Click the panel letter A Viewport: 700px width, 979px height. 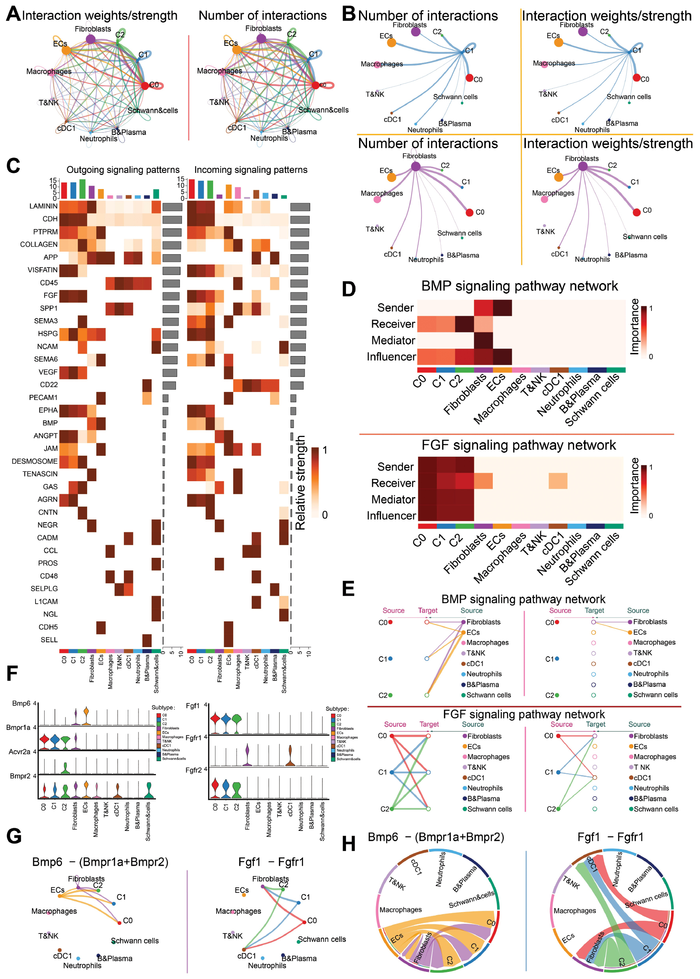click(13, 14)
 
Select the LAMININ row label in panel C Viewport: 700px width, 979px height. click(43, 206)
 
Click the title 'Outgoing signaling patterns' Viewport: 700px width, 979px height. click(123, 170)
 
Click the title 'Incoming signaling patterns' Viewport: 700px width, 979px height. click(251, 170)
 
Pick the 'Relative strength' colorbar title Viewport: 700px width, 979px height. click(300, 483)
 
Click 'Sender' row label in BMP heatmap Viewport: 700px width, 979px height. click(395, 308)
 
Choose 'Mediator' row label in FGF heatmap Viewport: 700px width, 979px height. click(393, 499)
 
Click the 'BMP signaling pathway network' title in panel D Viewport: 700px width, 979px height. click(519, 286)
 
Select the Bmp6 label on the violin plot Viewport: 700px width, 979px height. click(21, 703)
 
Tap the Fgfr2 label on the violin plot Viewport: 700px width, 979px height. click(193, 770)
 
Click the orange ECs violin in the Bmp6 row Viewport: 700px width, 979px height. click(86, 717)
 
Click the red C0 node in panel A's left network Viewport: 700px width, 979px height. click(145, 85)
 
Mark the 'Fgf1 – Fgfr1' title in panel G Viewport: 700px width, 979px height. click(271, 862)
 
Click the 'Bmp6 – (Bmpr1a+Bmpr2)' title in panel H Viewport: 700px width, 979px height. click(436, 837)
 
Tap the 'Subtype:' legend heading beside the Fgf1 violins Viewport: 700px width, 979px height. click(337, 709)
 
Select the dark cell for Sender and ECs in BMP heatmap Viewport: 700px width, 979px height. click(502, 308)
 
